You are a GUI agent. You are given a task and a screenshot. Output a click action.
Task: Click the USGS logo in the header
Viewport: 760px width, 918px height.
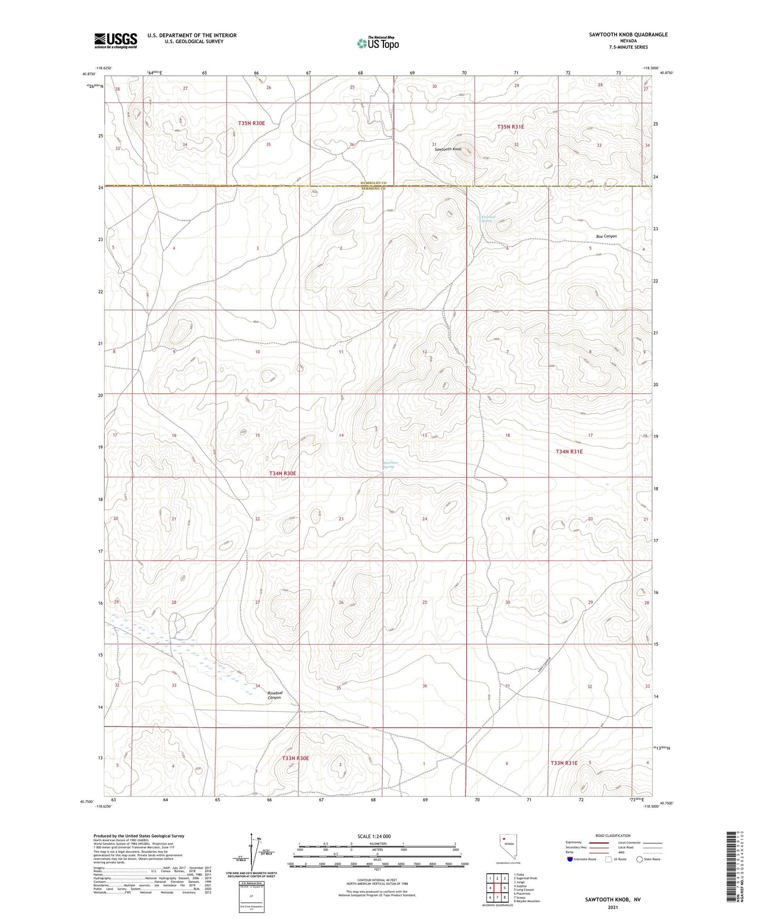116,40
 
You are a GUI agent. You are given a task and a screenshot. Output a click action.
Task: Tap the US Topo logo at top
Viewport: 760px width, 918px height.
378,43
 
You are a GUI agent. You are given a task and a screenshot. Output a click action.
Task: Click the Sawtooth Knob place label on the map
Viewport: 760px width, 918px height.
448,149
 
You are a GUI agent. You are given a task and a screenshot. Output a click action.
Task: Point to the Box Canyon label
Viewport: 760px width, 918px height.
606,236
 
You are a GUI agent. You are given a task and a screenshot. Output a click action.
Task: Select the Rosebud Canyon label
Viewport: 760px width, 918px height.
274,695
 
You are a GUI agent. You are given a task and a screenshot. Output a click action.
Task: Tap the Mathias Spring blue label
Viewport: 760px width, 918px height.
390,464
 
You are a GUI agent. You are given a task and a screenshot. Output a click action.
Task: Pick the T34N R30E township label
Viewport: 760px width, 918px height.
283,474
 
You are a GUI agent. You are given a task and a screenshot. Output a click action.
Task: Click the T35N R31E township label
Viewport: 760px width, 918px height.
511,127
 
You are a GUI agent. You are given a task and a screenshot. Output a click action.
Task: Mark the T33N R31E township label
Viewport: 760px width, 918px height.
564,763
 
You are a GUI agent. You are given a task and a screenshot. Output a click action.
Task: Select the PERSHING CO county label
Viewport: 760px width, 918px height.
373,188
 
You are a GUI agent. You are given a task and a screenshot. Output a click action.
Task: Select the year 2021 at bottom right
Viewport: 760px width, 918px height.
613,907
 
